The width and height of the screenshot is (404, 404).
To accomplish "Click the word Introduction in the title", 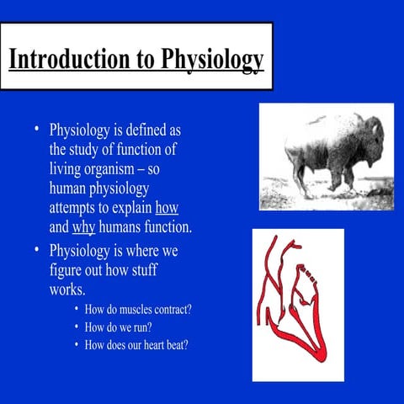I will coord(63,61).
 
